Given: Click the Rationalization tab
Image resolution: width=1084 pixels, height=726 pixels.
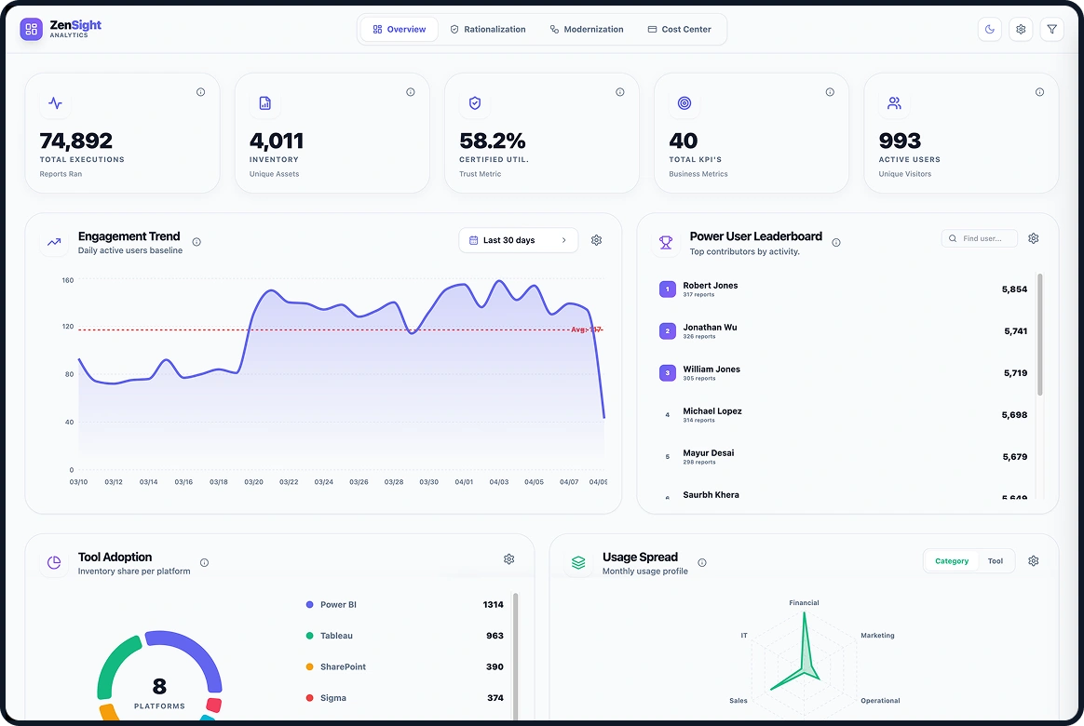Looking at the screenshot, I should pyautogui.click(x=488, y=30).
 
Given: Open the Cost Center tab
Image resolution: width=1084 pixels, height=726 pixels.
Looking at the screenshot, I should pyautogui.click(x=679, y=30).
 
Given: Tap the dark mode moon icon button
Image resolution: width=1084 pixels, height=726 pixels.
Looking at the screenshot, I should pyautogui.click(x=990, y=30).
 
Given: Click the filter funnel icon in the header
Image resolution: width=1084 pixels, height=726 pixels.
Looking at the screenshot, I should pyautogui.click(x=1051, y=30).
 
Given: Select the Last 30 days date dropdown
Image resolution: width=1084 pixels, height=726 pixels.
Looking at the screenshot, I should pyautogui.click(x=518, y=240).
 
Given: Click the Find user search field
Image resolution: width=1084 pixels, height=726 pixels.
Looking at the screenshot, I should pyautogui.click(x=980, y=239).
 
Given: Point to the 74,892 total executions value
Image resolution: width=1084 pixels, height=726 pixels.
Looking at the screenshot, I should pyautogui.click(x=76, y=141).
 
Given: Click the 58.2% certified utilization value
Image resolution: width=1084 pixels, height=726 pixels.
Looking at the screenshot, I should pyautogui.click(x=493, y=141).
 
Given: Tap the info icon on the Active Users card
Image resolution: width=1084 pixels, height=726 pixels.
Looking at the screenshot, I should pyautogui.click(x=1039, y=92).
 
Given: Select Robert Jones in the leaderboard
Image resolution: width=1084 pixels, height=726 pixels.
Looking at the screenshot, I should pyautogui.click(x=710, y=286).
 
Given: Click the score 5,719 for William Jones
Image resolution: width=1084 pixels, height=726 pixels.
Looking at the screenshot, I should pyautogui.click(x=1014, y=373).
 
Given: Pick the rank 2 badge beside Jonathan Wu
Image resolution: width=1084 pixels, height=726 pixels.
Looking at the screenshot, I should pyautogui.click(x=667, y=331).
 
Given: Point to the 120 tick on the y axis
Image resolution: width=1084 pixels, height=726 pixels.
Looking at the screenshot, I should pyautogui.click(x=68, y=327).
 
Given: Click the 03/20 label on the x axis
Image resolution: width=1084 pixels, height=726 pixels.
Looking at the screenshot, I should pyautogui.click(x=253, y=482).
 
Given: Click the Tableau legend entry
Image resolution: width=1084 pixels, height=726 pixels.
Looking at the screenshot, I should pyautogui.click(x=336, y=636).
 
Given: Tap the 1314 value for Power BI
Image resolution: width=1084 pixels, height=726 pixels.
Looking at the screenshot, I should pyautogui.click(x=493, y=605).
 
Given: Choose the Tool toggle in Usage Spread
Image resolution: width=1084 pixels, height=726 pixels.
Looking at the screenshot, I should pyautogui.click(x=996, y=561).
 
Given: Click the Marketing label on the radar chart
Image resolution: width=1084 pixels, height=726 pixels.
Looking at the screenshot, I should pyautogui.click(x=876, y=636).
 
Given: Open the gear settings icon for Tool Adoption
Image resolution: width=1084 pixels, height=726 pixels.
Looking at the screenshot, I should pyautogui.click(x=508, y=559).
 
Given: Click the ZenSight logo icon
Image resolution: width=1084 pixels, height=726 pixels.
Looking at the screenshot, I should pyautogui.click(x=31, y=30).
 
